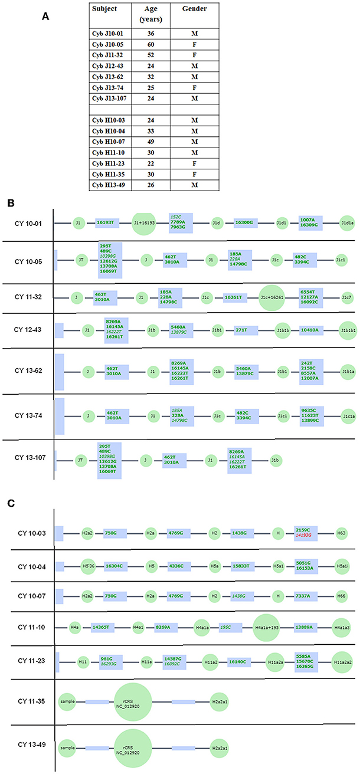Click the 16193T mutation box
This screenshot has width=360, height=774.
[x=108, y=223]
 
